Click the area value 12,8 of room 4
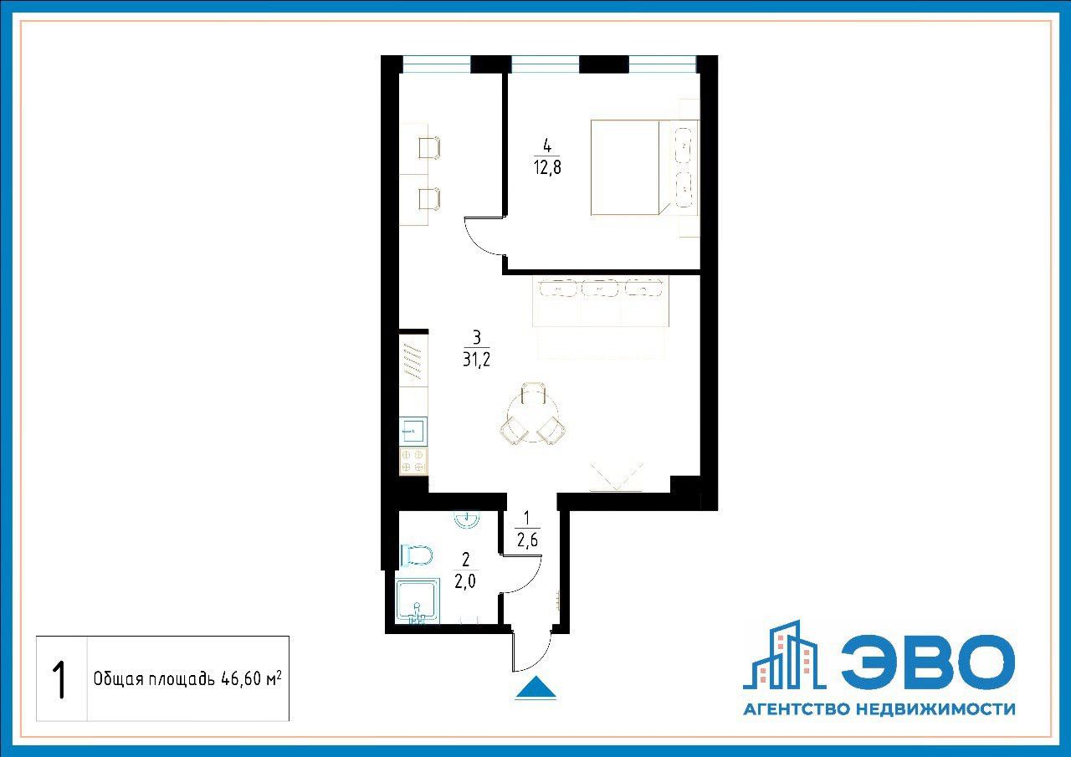(547, 168)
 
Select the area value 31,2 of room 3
(477, 359)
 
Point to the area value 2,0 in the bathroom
(465, 581)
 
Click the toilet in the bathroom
(417, 555)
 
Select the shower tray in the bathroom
(418, 601)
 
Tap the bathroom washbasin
(466, 520)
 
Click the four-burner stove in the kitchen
(413, 461)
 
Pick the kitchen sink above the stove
(413, 432)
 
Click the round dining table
(533, 415)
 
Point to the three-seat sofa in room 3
(601, 302)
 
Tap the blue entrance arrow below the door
(535, 688)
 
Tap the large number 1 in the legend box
(59, 680)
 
